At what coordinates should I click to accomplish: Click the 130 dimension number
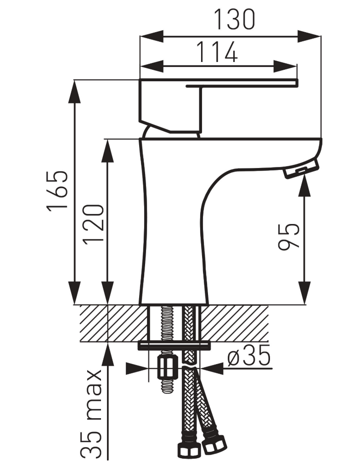235,20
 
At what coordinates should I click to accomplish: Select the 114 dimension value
217,52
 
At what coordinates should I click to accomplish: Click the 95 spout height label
288,236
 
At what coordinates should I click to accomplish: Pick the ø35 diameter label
249,355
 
